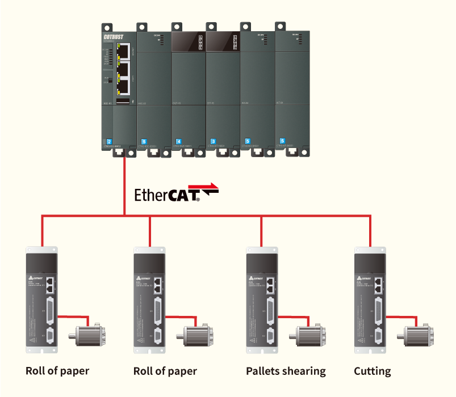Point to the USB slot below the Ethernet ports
(x=123, y=101)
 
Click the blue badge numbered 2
(x=108, y=141)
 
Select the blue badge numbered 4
(x=179, y=141)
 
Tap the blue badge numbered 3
(x=213, y=141)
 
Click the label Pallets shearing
(x=286, y=371)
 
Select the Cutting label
(x=372, y=371)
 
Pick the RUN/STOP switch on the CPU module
(x=107, y=80)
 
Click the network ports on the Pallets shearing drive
(x=271, y=284)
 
